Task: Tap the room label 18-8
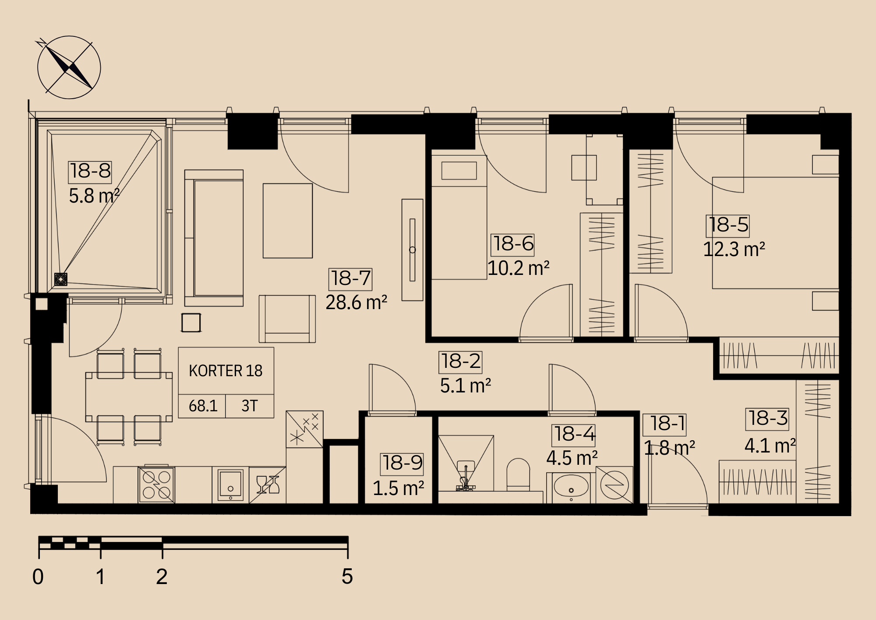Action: coord(90,171)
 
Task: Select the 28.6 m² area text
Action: coord(357,303)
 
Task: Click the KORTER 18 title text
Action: coord(226,371)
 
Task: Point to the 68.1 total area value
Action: coord(203,406)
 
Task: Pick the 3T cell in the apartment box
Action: coord(250,406)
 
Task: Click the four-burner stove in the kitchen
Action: coord(156,485)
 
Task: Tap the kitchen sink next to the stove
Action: coord(230,485)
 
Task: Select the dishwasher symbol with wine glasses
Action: coord(268,485)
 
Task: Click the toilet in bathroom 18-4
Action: coord(518,474)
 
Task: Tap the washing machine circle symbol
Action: coord(615,485)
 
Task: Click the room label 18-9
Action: coord(403,463)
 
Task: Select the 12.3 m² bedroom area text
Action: coord(734,249)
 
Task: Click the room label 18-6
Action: coord(513,244)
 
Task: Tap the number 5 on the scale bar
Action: coord(347,576)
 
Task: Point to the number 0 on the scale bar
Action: coord(38,577)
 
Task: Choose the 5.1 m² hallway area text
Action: coord(466,386)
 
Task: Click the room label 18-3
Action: coord(768,419)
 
